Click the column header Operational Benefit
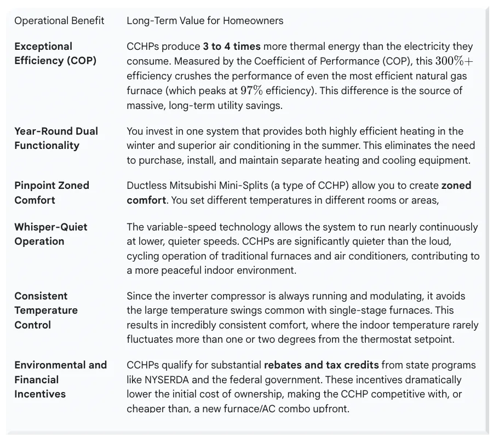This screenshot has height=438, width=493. coord(59,21)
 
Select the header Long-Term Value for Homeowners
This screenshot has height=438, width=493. coord(205,21)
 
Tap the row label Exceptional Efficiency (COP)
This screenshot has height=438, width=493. coord(55,54)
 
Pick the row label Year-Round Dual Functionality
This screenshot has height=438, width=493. coord(56,138)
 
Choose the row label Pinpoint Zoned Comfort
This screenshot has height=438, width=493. coord(51,193)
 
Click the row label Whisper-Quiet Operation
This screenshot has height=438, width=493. coord(50,234)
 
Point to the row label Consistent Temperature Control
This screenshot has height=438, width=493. coord(46,310)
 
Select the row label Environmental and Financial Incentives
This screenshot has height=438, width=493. coord(60,379)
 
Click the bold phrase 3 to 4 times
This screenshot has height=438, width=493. coord(231,47)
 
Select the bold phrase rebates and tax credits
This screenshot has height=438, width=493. coord(321,365)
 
